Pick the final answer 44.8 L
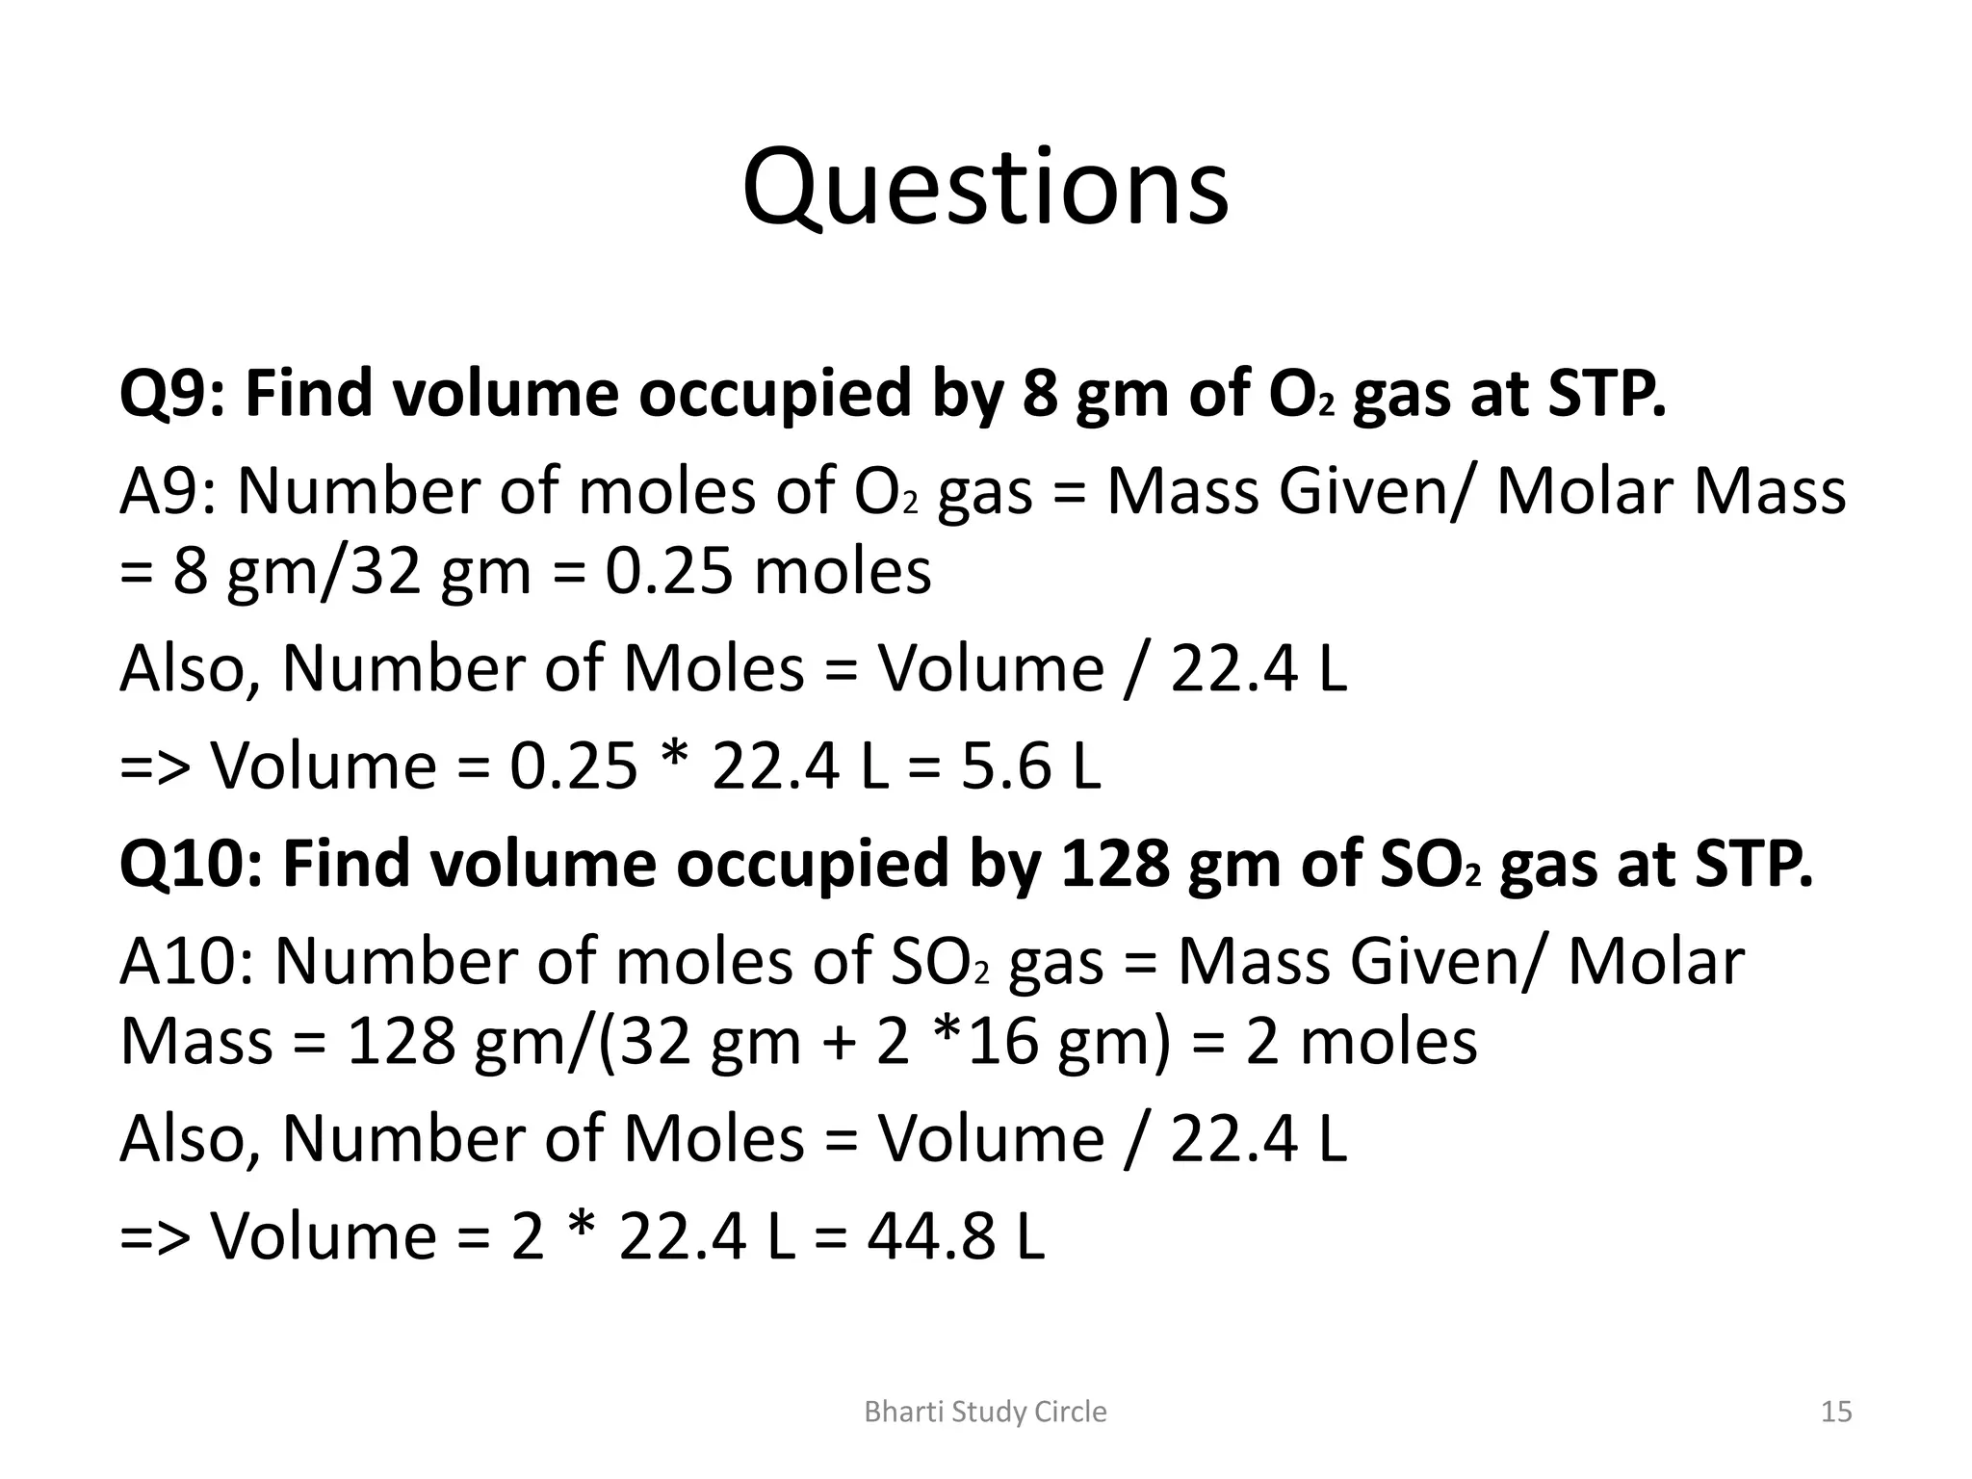click(955, 1236)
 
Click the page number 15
click(1836, 1412)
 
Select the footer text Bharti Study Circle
click(985, 1412)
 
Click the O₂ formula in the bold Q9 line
click(1301, 394)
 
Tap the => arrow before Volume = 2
click(154, 1236)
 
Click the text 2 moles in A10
click(1361, 1042)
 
